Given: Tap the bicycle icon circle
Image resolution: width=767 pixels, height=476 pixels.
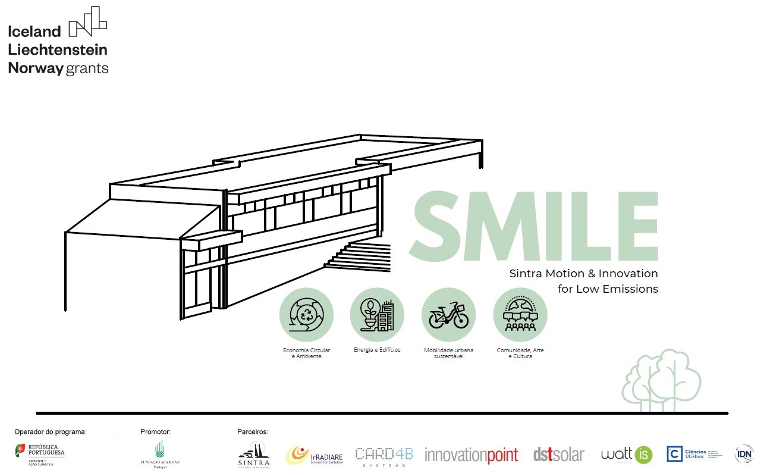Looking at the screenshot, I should coord(448,315).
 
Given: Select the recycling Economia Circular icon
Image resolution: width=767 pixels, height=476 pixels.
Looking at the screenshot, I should coord(306,315).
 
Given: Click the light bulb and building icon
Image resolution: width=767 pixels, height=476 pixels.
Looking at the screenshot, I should coord(377,315).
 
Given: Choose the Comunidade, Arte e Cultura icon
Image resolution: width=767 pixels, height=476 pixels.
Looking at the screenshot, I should coord(520,315).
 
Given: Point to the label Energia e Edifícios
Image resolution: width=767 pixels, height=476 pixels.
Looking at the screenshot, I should coord(377,350).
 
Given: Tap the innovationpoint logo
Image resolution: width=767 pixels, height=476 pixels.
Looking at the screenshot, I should coord(471,455).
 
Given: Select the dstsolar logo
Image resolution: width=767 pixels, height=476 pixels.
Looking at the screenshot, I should coord(559,455).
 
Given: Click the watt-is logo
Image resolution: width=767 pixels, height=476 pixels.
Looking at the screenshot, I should coord(626,455).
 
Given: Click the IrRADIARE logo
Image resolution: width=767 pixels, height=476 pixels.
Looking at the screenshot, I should coord(315,455).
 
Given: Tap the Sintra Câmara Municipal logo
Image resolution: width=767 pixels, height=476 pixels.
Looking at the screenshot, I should coord(254,455).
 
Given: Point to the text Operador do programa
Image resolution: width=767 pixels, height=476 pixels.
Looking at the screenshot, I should coord(51,432).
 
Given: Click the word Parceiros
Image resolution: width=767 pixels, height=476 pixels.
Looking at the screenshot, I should coord(253,432).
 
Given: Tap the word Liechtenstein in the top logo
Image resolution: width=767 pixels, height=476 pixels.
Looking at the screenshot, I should coord(58,49).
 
